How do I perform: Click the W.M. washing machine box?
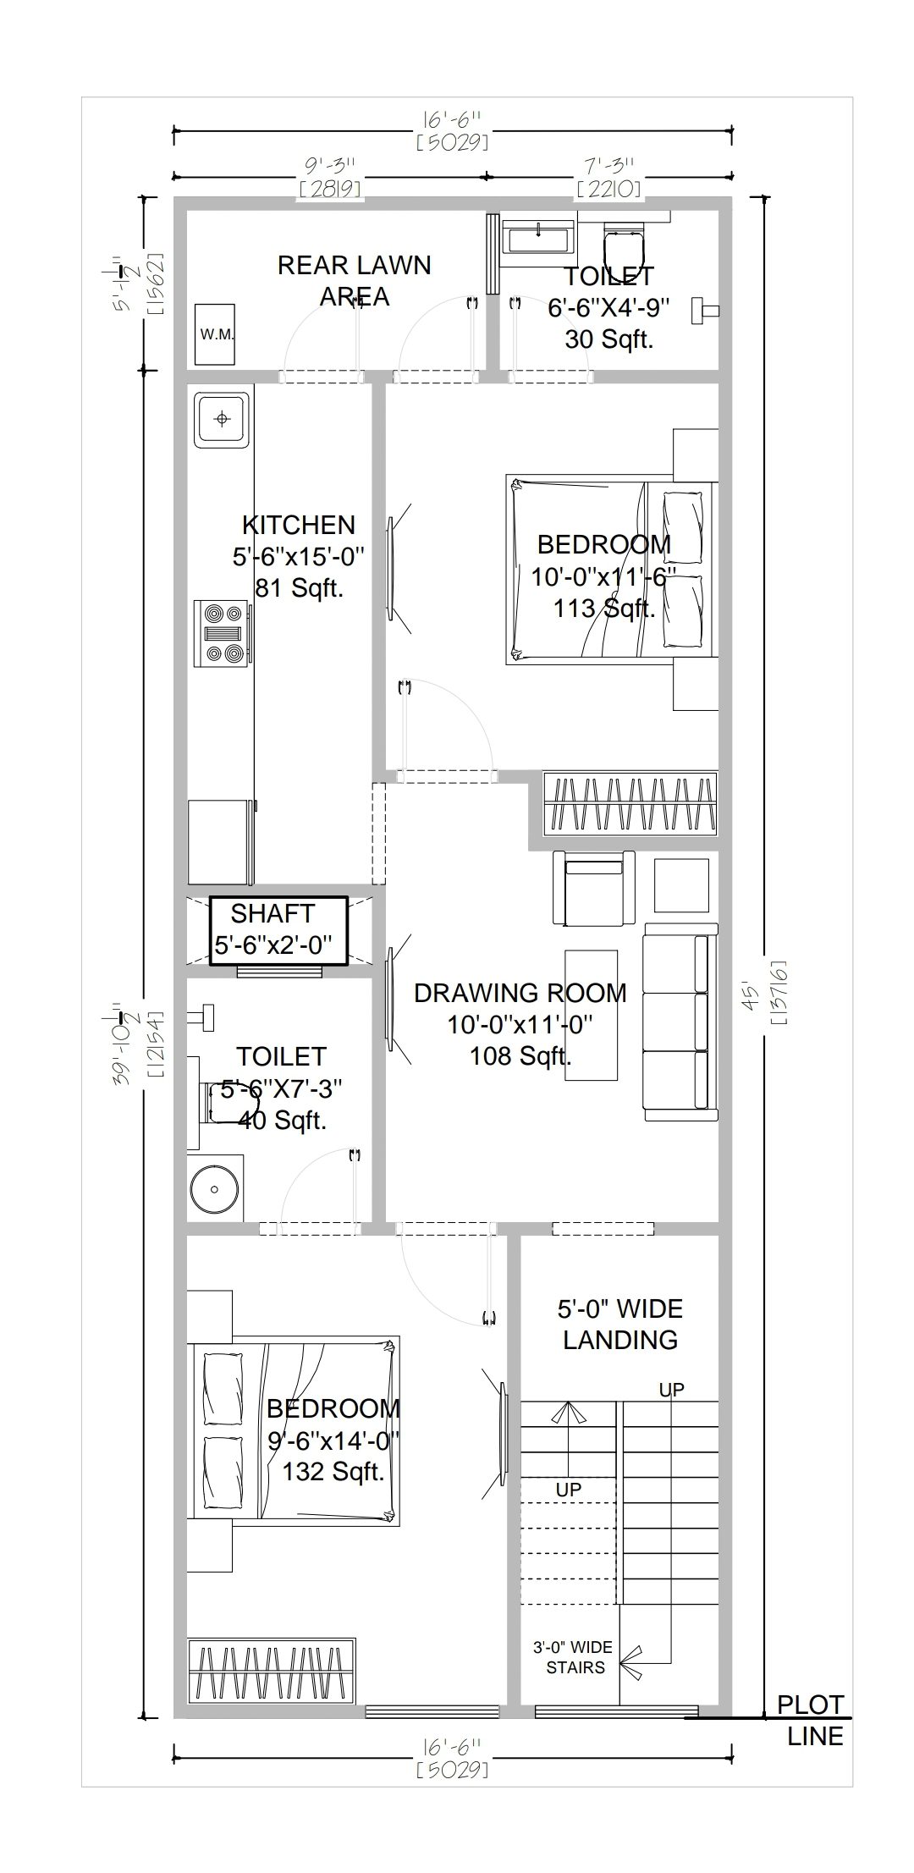pyautogui.click(x=217, y=334)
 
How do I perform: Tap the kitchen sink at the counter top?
pyautogui.click(x=222, y=419)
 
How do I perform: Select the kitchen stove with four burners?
pyautogui.click(x=222, y=633)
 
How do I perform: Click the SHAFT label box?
pyautogui.click(x=278, y=931)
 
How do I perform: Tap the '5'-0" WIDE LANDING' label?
pyautogui.click(x=619, y=1324)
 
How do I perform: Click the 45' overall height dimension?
pyautogui.click(x=775, y=992)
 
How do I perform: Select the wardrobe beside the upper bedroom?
pyautogui.click(x=629, y=802)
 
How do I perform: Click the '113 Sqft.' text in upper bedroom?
pyautogui.click(x=604, y=608)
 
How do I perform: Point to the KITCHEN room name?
pyautogui.click(x=299, y=525)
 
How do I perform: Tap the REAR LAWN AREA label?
pyautogui.click(x=354, y=281)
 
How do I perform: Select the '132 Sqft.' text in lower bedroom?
pyautogui.click(x=333, y=1471)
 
